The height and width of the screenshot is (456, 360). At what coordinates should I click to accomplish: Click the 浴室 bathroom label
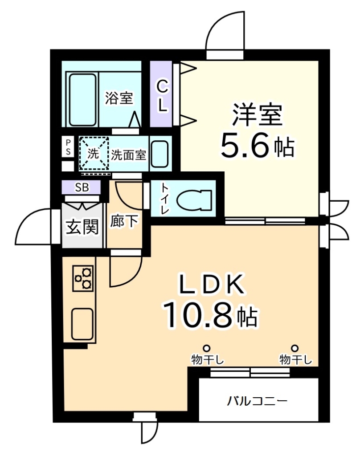[119, 98]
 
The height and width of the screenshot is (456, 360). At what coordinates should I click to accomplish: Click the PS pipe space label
[68, 147]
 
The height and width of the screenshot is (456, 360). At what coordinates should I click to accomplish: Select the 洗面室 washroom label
[128, 155]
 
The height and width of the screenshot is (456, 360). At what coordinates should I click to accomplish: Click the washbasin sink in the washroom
[159, 154]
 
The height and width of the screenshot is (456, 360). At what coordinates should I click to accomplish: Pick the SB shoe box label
[82, 187]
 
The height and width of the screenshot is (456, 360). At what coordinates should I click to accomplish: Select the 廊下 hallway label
[124, 221]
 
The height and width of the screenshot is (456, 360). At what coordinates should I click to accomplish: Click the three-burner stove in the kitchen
[84, 278]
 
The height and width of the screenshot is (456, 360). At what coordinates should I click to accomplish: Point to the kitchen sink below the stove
[83, 323]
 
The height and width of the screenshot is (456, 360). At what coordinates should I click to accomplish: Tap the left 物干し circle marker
[206, 348]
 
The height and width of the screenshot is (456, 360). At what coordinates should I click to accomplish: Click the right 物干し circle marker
[295, 348]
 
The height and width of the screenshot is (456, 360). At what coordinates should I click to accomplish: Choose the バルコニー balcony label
[258, 400]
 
